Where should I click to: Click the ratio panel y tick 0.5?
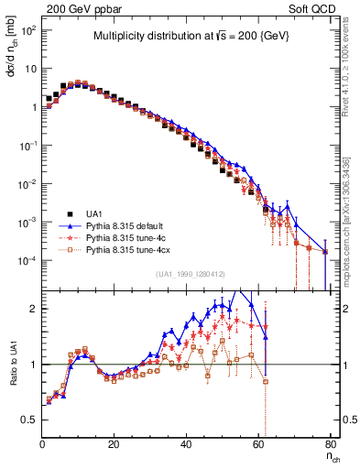30,420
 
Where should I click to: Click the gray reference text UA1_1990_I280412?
191,274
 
